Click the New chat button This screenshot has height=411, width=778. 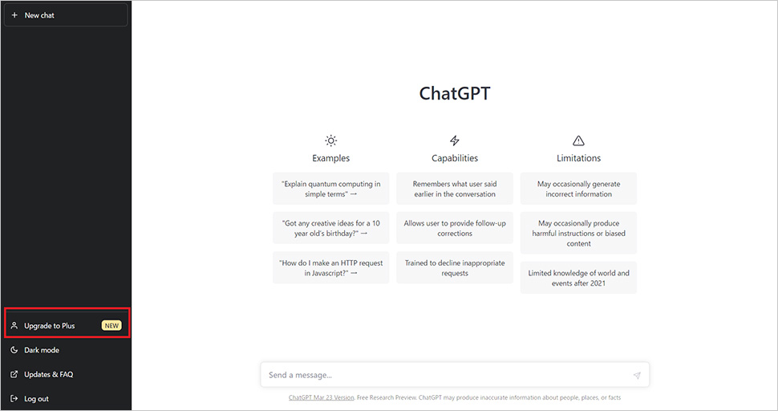click(66, 15)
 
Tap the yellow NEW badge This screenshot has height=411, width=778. click(111, 326)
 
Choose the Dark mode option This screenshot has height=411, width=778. click(42, 350)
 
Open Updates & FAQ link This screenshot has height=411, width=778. click(49, 374)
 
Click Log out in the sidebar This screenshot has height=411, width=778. click(36, 399)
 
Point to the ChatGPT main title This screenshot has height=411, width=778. click(455, 93)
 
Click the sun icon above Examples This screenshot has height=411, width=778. click(331, 140)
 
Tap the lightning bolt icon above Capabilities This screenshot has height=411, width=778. click(455, 140)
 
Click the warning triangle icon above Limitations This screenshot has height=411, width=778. click(578, 140)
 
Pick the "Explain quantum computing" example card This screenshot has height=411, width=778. click(331, 189)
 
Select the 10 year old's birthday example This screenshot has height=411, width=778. click(331, 228)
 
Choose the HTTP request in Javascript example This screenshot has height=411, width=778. click(331, 267)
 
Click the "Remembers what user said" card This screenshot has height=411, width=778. click(455, 189)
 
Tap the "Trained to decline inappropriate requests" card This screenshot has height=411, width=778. click(455, 267)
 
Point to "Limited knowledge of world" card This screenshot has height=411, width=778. click(578, 278)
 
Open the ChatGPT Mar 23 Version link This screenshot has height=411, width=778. click(322, 397)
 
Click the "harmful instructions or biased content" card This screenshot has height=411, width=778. click(578, 233)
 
